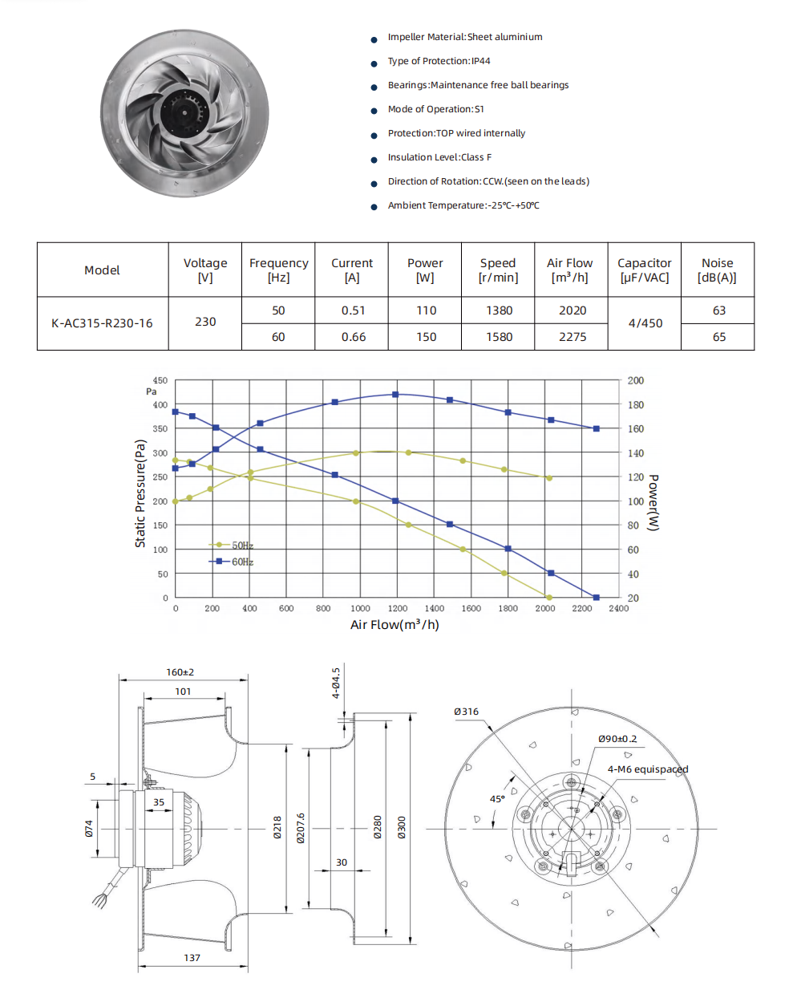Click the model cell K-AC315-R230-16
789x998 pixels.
[x=102, y=323]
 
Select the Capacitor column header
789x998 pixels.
[x=644, y=270]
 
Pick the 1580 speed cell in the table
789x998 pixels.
[x=499, y=337]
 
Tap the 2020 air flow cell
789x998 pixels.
[x=572, y=310]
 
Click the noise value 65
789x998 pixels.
[x=718, y=337]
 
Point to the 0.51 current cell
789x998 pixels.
[x=353, y=310]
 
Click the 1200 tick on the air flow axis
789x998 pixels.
[x=397, y=609]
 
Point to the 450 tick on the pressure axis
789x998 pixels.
[x=160, y=381]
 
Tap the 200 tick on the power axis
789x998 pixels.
[x=635, y=381]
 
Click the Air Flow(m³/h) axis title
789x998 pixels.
[x=394, y=625]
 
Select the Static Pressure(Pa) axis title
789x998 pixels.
[x=140, y=493]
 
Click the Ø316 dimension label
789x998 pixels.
[x=466, y=712]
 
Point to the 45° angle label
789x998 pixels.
[x=497, y=799]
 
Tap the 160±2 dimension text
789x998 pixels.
[x=180, y=672]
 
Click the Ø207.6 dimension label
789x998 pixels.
[x=301, y=828]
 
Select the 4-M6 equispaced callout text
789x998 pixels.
[x=647, y=769]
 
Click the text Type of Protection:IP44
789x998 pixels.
[x=439, y=61]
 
